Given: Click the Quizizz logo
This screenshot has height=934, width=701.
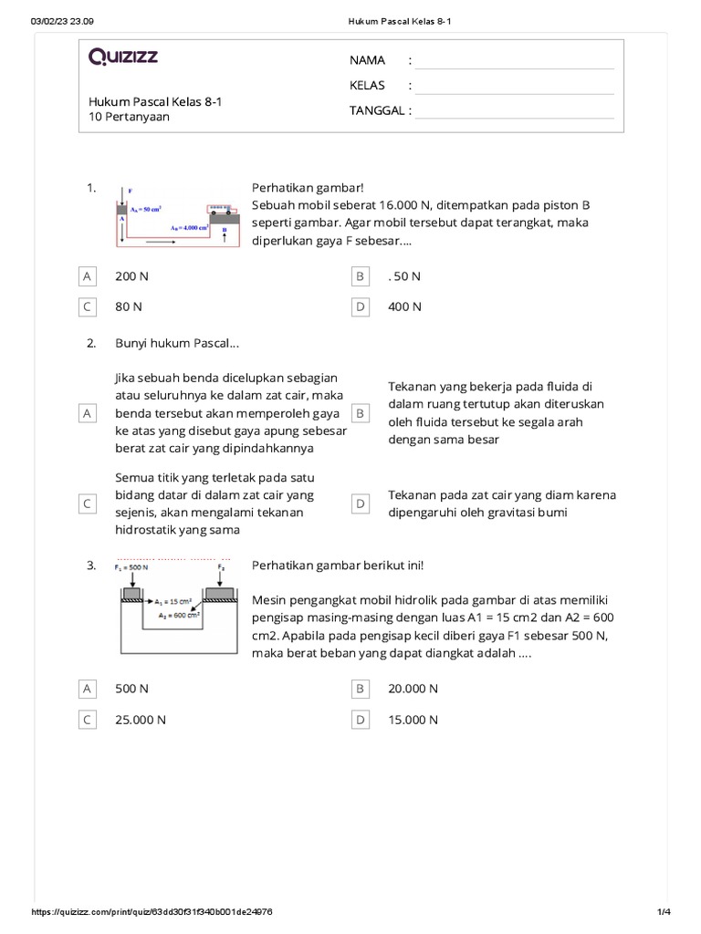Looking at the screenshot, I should pos(123,57).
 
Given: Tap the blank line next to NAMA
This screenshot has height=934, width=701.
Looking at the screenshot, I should pos(514,62).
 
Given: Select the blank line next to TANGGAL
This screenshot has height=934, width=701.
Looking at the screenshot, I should pos(514,111).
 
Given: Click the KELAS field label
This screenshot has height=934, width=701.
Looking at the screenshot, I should pos(367,86).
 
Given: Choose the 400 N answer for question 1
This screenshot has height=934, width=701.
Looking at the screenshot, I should pos(404,306).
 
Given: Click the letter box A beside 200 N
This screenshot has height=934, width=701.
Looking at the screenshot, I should pos(88,275).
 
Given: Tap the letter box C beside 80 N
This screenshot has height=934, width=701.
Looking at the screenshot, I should pos(88,306).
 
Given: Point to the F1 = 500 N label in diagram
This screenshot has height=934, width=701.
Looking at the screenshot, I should pos(132,568).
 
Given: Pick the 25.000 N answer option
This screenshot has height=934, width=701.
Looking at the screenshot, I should pos(140,720).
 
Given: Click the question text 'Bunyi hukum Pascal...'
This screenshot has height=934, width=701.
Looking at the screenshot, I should pos(177,344).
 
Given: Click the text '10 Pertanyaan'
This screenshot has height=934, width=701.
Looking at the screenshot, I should pos(129,118).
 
